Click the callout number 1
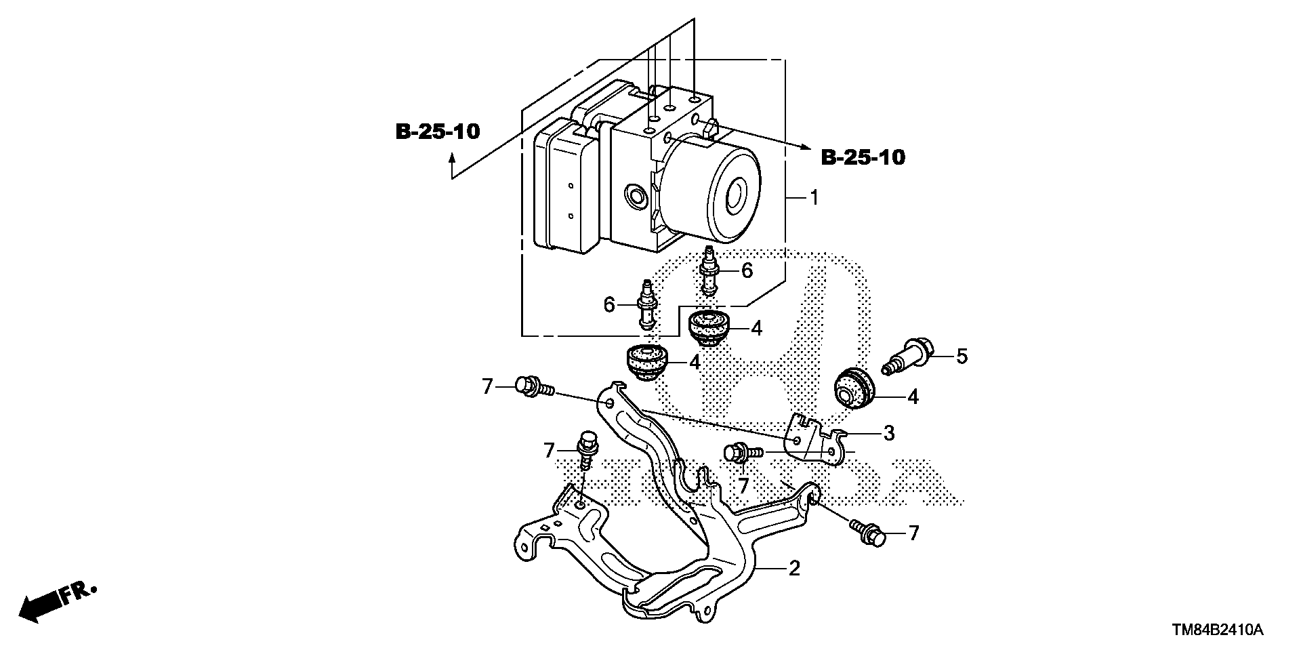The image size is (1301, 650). (814, 198)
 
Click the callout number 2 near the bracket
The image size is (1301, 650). (794, 567)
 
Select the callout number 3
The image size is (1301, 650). (888, 432)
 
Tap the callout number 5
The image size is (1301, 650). (962, 355)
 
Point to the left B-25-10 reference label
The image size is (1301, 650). (437, 131)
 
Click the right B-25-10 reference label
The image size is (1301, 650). (863, 157)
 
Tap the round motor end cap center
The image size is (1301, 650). (736, 195)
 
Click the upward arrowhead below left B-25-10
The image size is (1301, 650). (452, 159)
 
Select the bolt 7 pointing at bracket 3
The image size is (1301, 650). (743, 451)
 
